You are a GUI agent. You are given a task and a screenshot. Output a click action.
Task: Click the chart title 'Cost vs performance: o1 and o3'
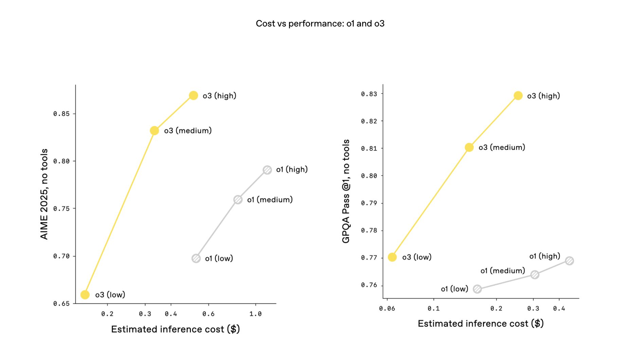coord(320,23)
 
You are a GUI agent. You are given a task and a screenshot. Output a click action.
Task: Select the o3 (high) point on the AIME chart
coord(193,95)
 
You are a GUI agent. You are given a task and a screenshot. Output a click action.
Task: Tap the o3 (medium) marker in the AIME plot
coord(154,131)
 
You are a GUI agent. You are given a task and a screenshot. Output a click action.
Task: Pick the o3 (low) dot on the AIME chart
coord(85,294)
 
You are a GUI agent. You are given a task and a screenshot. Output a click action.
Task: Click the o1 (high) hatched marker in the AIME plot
coord(267,170)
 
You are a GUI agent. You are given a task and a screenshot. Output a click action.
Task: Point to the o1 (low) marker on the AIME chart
coord(196,258)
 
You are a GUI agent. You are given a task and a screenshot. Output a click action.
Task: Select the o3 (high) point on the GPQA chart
coord(518,96)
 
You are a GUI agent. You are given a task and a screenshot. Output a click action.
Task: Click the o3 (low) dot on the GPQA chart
coord(392,257)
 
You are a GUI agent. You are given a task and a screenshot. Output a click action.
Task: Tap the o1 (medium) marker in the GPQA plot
coord(535,274)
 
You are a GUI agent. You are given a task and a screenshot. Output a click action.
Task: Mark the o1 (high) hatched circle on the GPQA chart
coord(570,261)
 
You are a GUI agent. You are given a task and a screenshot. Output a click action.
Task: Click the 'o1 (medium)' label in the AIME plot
coord(270,200)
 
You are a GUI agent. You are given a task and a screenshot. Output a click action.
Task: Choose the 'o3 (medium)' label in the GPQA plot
coord(502,147)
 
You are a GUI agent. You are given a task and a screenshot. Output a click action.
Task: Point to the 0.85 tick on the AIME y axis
coord(61,114)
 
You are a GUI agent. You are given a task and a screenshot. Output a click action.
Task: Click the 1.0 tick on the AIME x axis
coord(255,314)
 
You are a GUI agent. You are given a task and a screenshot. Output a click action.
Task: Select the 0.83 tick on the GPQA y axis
coord(369,94)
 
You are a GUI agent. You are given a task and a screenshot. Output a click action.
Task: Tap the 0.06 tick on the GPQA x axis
coord(387,308)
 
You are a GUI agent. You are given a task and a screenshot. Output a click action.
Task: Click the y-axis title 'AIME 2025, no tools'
coord(44,194)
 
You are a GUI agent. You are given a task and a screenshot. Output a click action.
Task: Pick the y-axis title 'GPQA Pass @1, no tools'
coord(346,191)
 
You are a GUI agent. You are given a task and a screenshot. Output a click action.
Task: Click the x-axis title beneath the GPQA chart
coord(481,323)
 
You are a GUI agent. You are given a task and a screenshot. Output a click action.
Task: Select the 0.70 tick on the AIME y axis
coord(61,256)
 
